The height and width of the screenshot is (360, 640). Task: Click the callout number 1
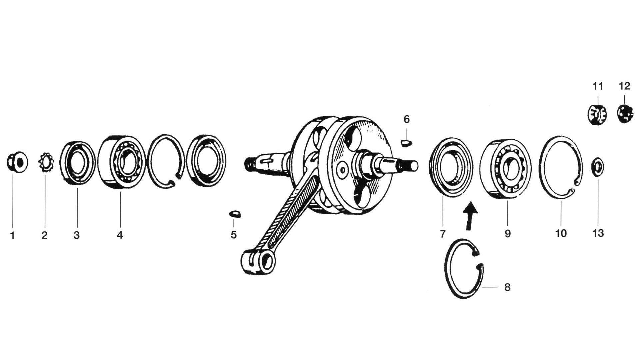[13, 236]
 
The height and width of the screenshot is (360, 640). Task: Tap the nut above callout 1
[17, 162]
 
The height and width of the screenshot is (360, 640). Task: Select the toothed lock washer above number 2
[45, 162]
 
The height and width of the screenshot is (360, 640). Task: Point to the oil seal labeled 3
[78, 163]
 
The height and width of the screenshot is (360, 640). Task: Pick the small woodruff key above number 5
[236, 214]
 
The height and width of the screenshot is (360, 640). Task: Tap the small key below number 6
[406, 143]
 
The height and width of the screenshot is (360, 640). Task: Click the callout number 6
[407, 119]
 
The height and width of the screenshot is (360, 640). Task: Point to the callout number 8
[507, 287]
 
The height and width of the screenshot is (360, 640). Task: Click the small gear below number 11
[597, 114]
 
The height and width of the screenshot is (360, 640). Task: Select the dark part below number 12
[625, 114]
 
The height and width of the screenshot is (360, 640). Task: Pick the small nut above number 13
[597, 166]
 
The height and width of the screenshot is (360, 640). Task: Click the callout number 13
[598, 233]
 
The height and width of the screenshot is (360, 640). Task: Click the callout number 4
[120, 235]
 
